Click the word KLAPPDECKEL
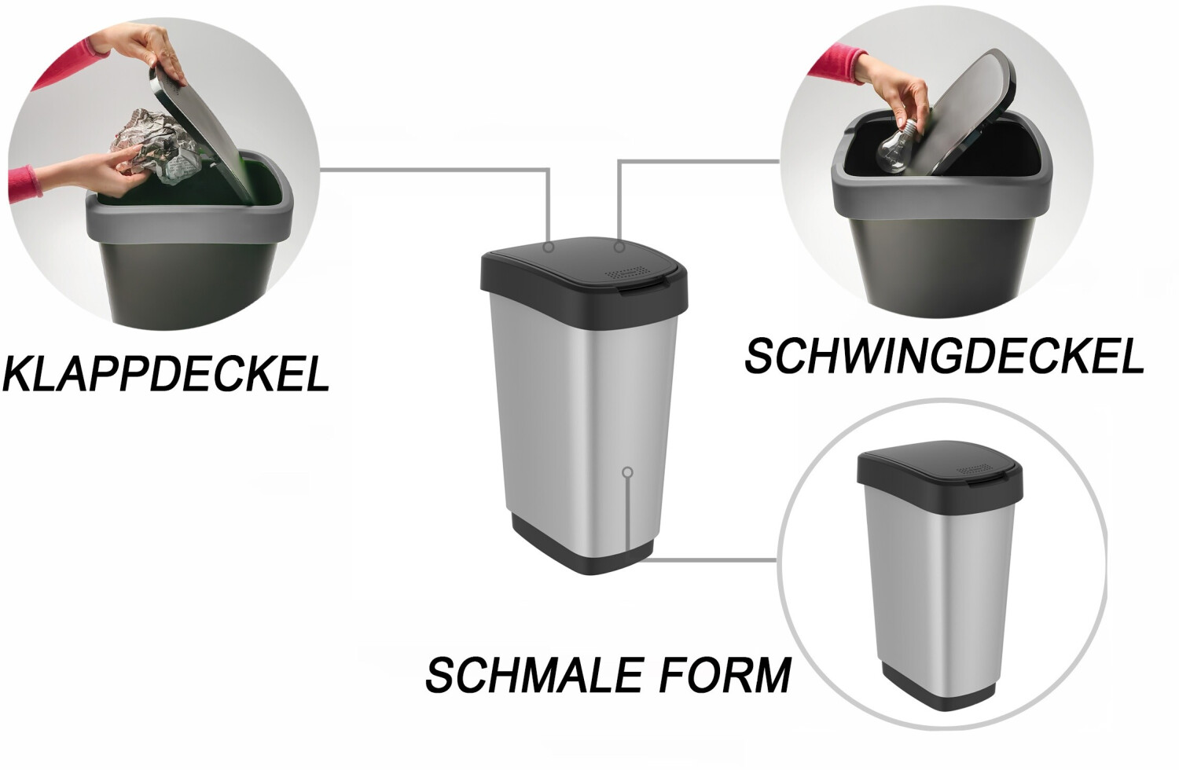[167, 374]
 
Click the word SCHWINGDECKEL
[944, 356]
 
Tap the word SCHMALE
[534, 675]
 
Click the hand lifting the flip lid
[138, 50]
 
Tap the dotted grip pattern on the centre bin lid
[626, 273]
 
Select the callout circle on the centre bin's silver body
[627, 472]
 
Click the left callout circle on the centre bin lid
[549, 247]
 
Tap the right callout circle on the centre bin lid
[619, 247]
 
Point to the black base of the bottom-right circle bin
[939, 690]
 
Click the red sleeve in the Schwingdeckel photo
[838, 62]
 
